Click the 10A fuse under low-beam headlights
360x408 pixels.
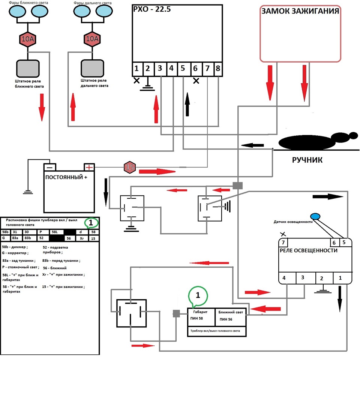click(x=28, y=39)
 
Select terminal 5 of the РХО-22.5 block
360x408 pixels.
click(x=183, y=68)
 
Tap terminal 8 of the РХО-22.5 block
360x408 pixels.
click(x=218, y=68)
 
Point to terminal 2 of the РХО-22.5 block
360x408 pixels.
click(x=148, y=68)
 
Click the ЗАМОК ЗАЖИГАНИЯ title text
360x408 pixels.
click(x=300, y=11)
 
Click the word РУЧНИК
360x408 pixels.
click(x=307, y=160)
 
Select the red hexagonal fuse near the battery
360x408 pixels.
click(x=130, y=167)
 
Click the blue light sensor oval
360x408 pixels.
click(x=315, y=216)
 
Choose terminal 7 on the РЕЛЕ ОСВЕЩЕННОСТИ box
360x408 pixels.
click(x=283, y=242)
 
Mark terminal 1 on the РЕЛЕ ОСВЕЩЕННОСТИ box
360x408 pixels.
click(x=340, y=278)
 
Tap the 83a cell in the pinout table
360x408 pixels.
click(x=15, y=238)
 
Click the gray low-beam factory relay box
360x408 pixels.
click(x=28, y=68)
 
